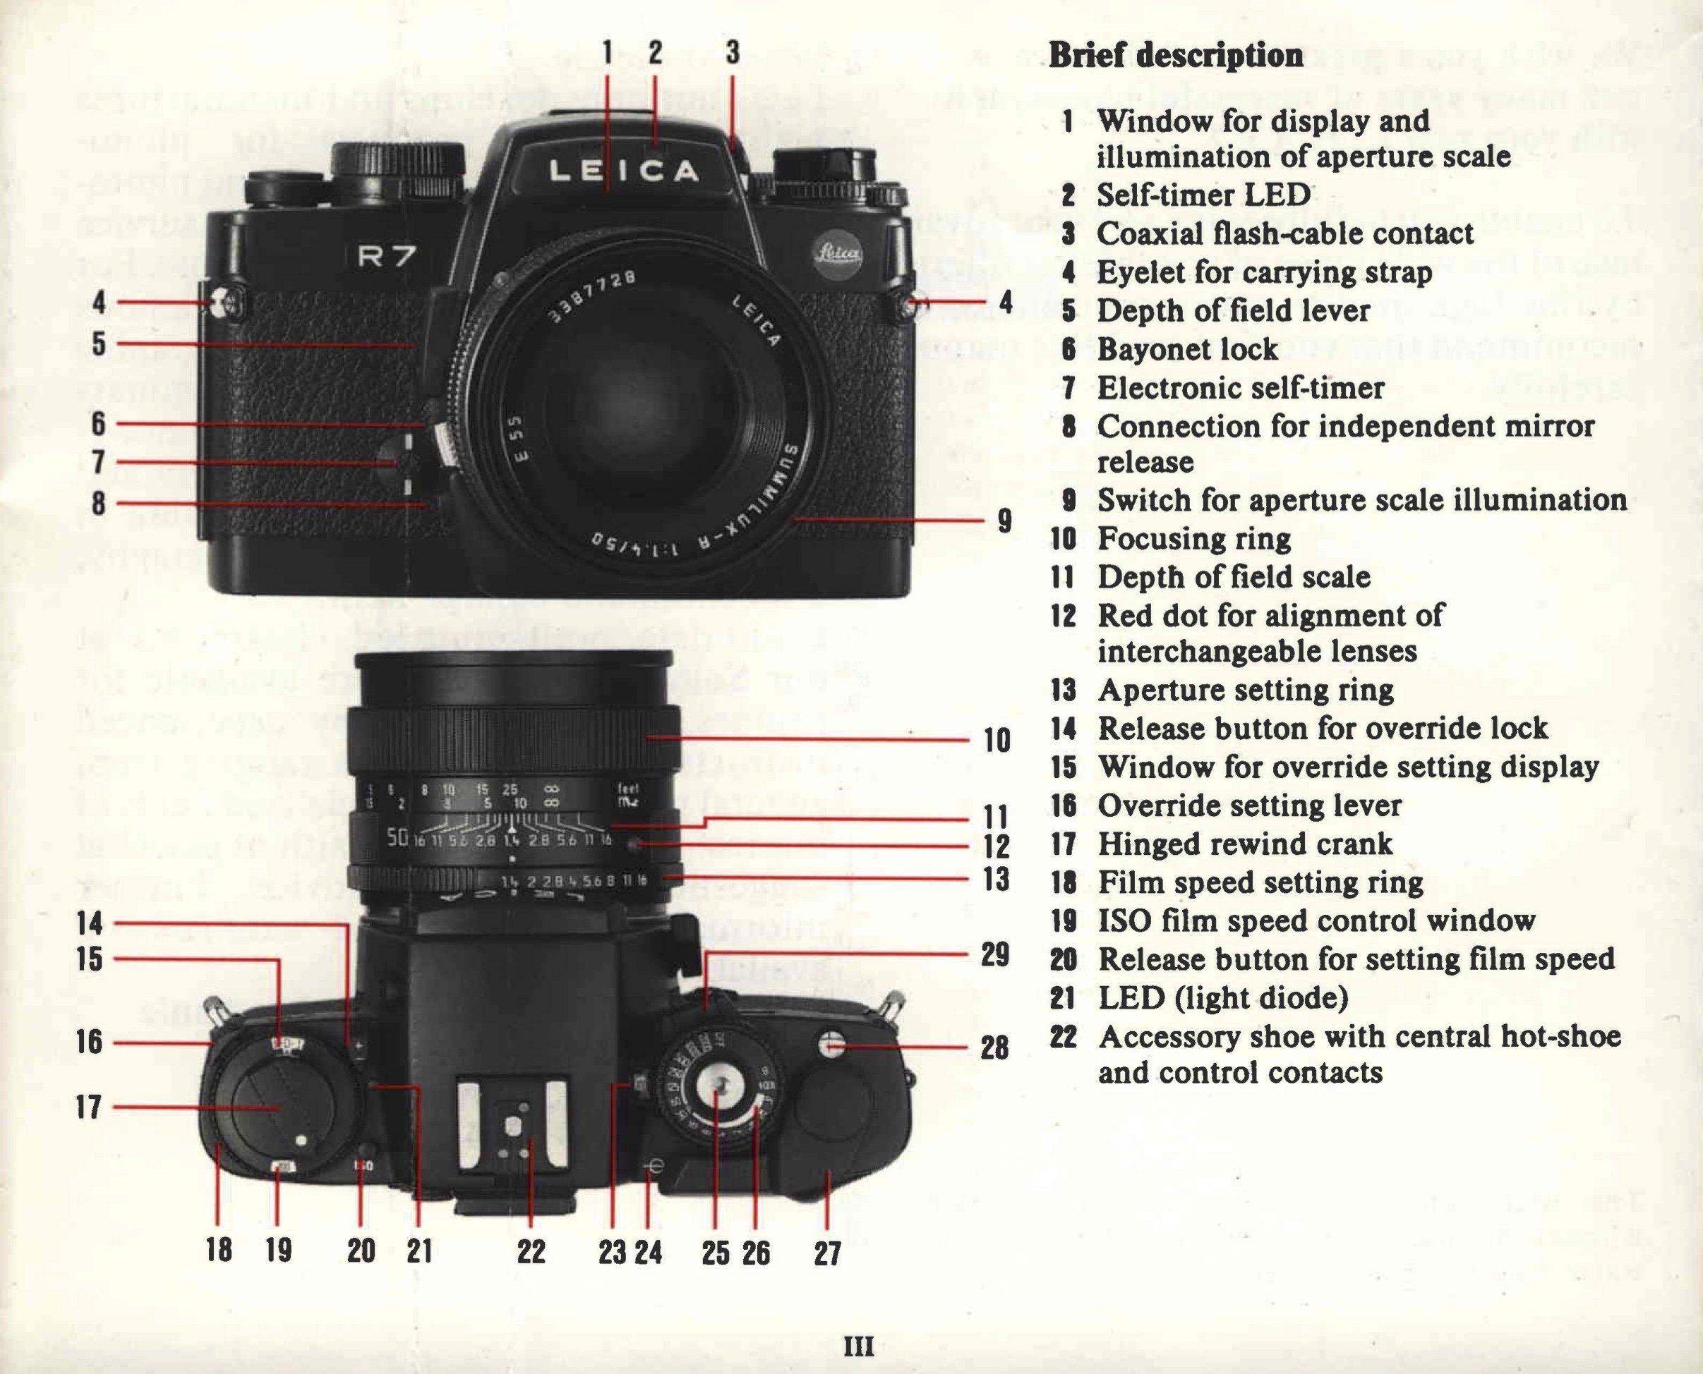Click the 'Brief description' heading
click(1176, 56)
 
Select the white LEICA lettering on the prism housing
click(623, 171)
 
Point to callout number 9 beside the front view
click(1004, 520)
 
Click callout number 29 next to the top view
click(995, 954)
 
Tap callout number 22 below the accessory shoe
click(531, 1251)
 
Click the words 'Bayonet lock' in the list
click(1187, 349)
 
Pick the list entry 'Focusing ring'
click(1194, 539)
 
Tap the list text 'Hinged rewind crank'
click(1244, 844)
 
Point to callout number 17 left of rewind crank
click(89, 1107)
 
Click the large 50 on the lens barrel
click(397, 837)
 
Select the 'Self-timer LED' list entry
click(1203, 195)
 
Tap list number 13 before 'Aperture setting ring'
click(1064, 690)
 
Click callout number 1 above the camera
click(607, 52)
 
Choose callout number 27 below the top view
click(826, 1253)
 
